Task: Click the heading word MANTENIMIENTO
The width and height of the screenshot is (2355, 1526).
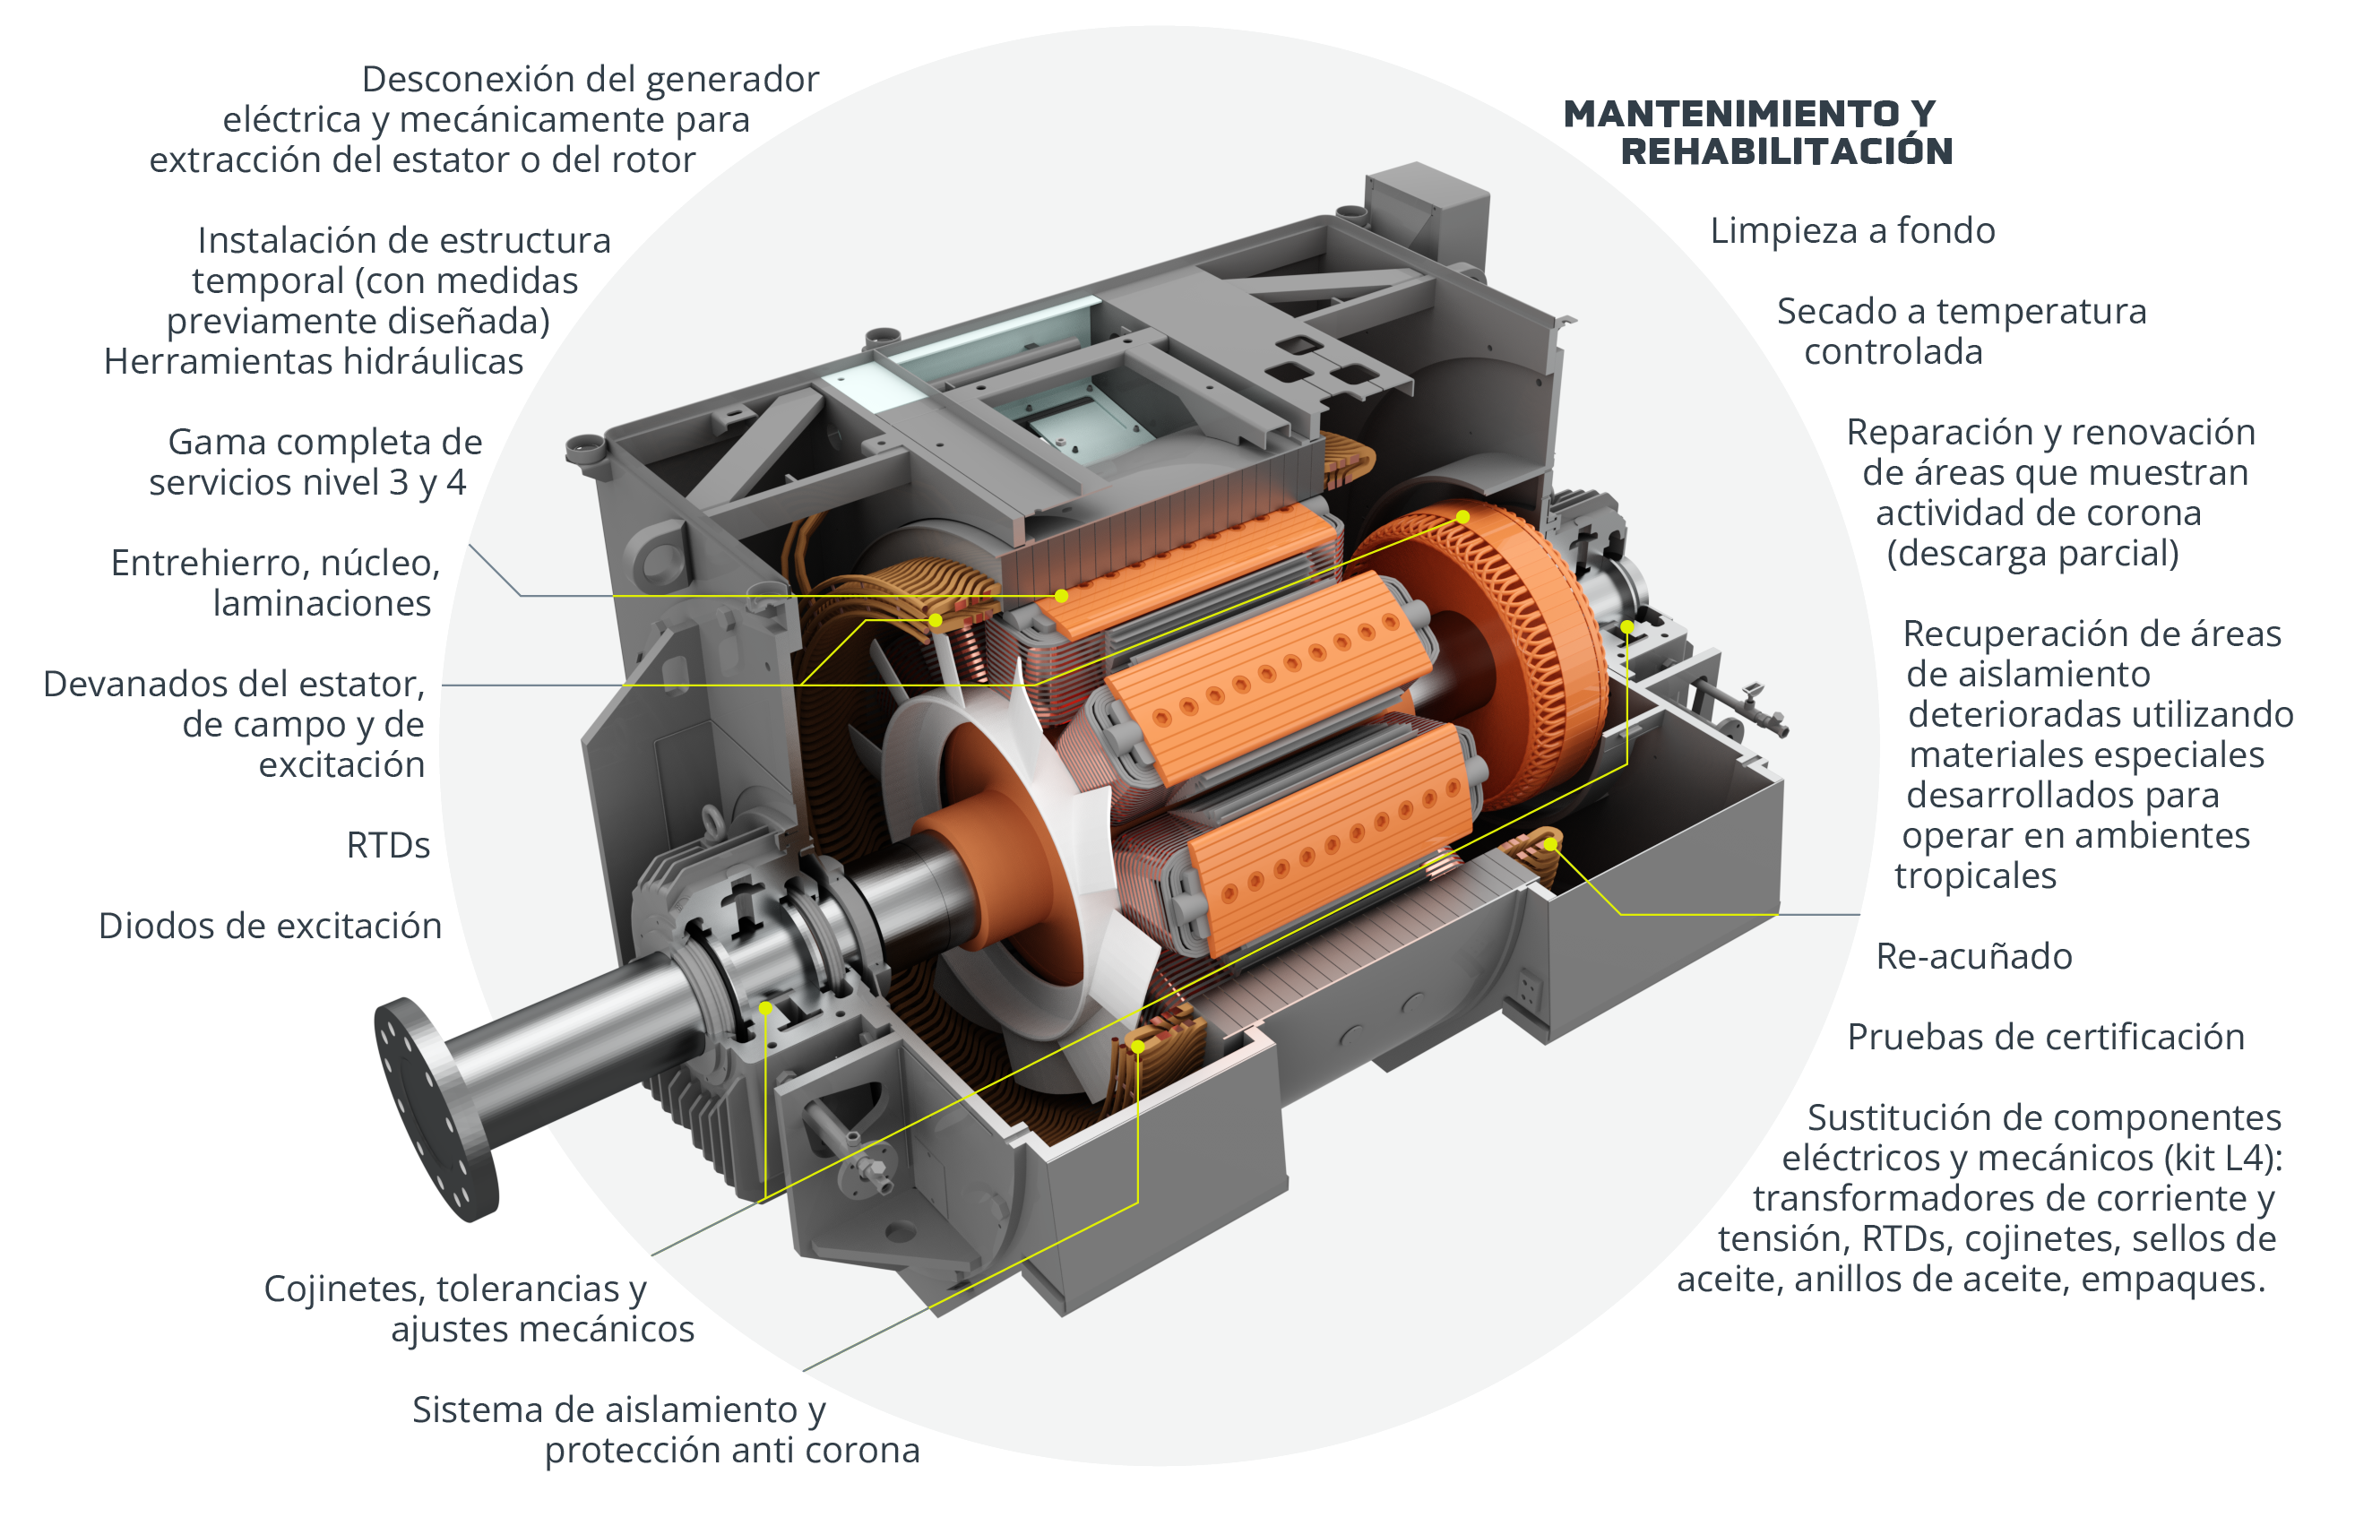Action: point(1731,114)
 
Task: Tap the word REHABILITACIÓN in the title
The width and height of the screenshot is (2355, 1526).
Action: point(1787,151)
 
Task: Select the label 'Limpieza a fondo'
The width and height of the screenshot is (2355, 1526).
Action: point(1852,230)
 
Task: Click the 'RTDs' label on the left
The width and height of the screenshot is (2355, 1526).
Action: point(388,845)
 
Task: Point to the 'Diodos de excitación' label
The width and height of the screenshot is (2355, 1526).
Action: point(270,927)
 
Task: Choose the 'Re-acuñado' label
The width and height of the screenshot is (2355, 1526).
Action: point(1974,956)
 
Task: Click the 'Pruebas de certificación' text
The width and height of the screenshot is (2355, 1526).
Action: point(2045,1037)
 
